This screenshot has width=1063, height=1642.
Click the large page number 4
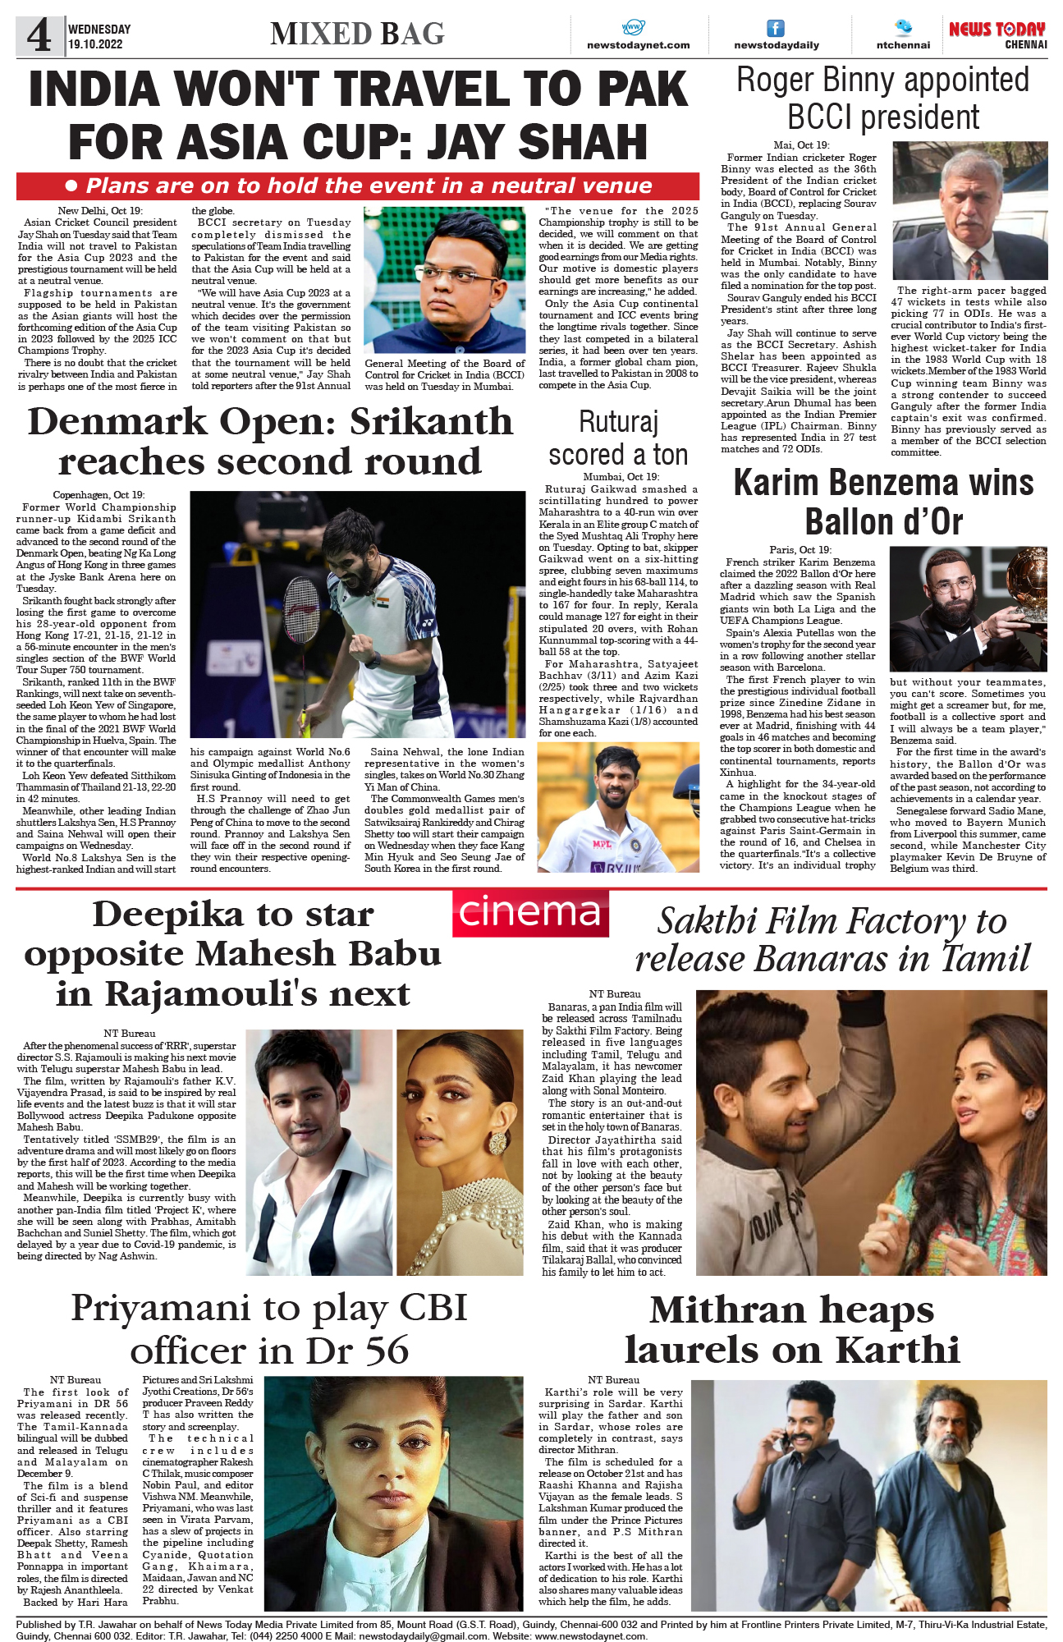(39, 35)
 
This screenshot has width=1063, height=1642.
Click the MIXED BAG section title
(357, 34)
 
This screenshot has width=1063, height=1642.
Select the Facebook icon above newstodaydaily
(776, 28)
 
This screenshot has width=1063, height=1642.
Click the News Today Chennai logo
(997, 34)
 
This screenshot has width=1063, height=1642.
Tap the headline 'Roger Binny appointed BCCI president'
(882, 99)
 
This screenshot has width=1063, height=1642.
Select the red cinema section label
(530, 913)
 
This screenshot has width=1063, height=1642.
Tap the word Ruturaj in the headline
(618, 422)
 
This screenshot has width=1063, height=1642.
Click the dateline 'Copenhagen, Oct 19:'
(99, 495)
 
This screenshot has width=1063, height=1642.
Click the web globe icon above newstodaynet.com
(634, 27)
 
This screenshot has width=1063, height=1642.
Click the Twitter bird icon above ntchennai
(903, 27)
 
